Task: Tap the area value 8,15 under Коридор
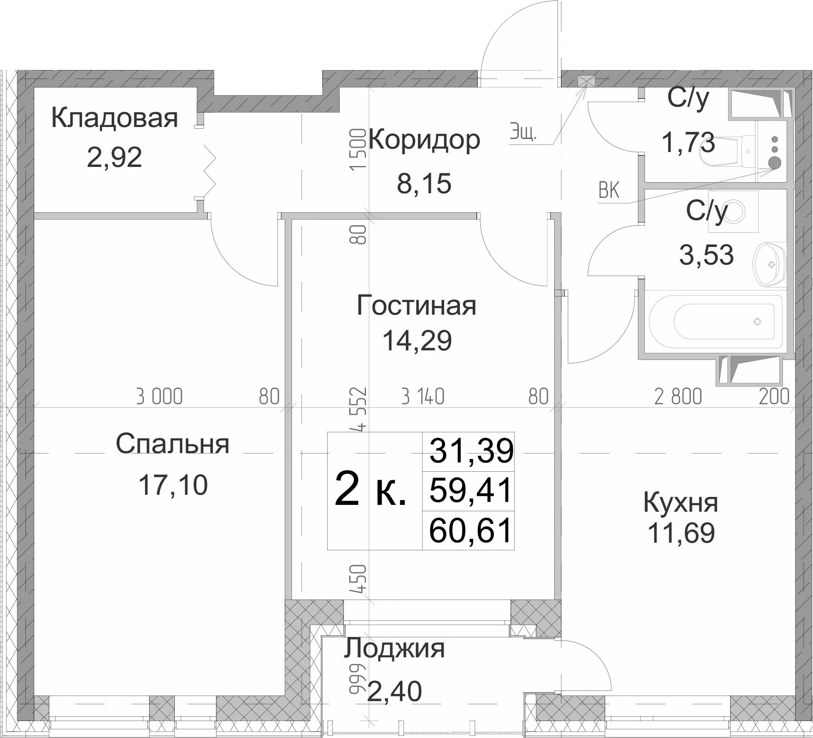(x=424, y=184)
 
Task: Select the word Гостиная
(x=416, y=306)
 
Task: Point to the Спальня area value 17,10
(x=173, y=485)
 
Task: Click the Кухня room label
(x=681, y=503)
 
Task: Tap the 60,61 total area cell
(x=470, y=532)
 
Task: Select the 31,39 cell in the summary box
(x=471, y=451)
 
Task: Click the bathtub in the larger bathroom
(x=716, y=321)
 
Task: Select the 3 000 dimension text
(x=159, y=397)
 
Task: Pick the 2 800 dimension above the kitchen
(x=678, y=397)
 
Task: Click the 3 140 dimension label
(x=423, y=397)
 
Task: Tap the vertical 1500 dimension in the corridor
(x=358, y=149)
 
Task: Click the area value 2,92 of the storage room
(x=114, y=158)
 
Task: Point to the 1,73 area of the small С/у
(x=688, y=142)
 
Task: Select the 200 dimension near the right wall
(x=774, y=397)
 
